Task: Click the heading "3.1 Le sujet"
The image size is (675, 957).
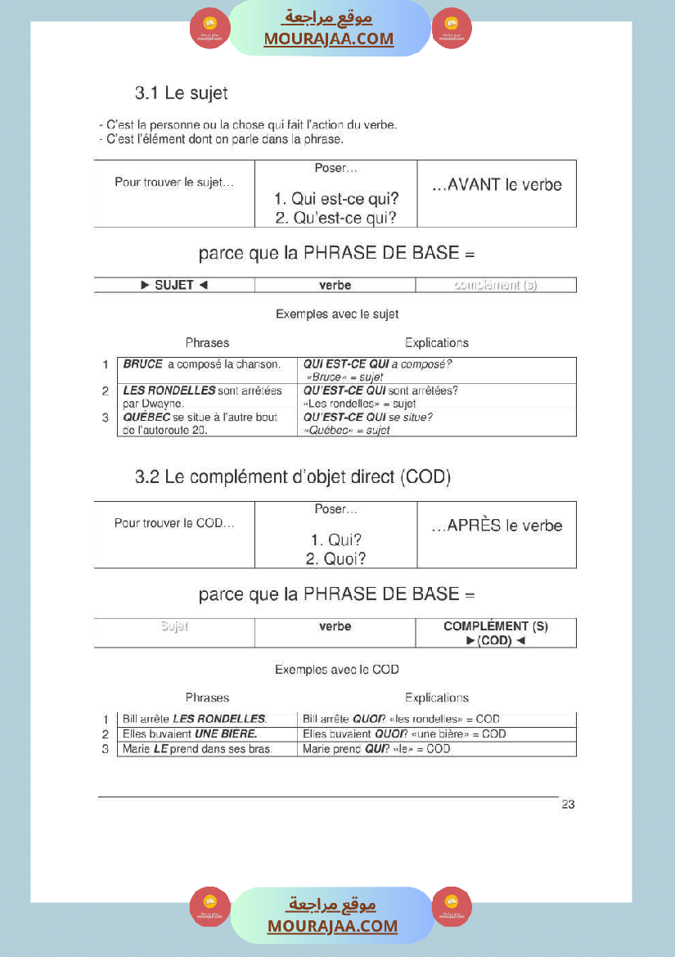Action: [x=181, y=93]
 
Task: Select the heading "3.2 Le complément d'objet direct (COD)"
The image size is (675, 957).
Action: [x=292, y=477]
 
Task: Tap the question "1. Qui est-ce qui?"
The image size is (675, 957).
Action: [x=336, y=199]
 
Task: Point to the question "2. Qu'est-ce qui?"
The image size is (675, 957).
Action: [x=336, y=218]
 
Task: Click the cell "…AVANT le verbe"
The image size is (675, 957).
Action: [x=497, y=185]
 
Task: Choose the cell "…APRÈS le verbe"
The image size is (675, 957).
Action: [x=497, y=526]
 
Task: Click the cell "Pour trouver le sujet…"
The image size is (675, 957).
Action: [x=174, y=183]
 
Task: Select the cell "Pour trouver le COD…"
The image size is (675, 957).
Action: [x=174, y=523]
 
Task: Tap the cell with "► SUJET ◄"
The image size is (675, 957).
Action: [x=174, y=285]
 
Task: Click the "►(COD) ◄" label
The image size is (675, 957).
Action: [x=496, y=640]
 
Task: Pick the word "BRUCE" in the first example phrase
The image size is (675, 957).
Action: [x=143, y=364]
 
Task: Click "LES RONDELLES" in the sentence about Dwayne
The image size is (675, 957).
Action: [x=169, y=390]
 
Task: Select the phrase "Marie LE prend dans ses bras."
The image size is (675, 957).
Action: [x=197, y=749]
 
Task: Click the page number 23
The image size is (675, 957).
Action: [x=568, y=805]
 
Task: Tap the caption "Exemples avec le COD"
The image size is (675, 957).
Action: [x=336, y=670]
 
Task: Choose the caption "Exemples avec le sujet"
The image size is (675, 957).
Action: [x=336, y=314]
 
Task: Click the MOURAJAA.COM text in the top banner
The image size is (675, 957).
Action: [x=328, y=38]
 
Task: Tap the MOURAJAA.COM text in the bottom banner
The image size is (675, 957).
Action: [x=332, y=926]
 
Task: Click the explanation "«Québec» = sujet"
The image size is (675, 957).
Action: [x=346, y=430]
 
